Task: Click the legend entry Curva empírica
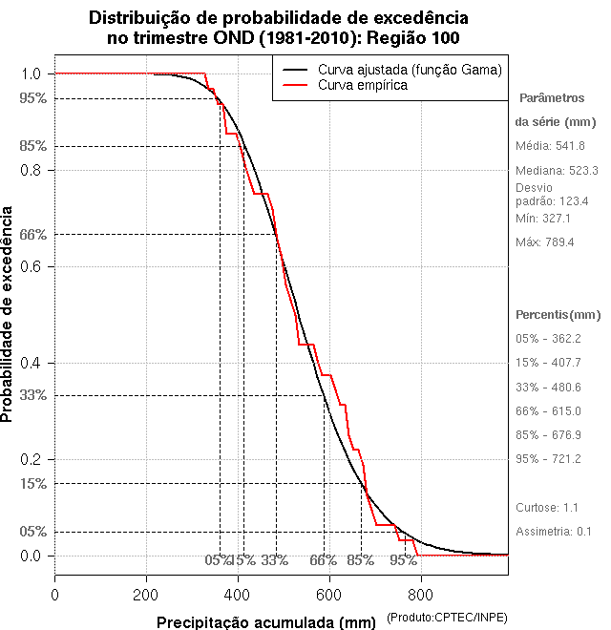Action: tap(363, 86)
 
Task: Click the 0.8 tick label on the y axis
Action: tap(32, 170)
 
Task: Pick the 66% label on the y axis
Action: tap(32, 234)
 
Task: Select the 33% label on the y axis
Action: tap(32, 395)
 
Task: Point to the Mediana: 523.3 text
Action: tap(557, 171)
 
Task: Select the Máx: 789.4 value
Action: tap(544, 242)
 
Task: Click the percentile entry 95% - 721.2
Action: tap(548, 459)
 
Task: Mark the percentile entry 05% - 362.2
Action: tap(548, 339)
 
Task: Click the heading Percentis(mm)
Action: tap(558, 315)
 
